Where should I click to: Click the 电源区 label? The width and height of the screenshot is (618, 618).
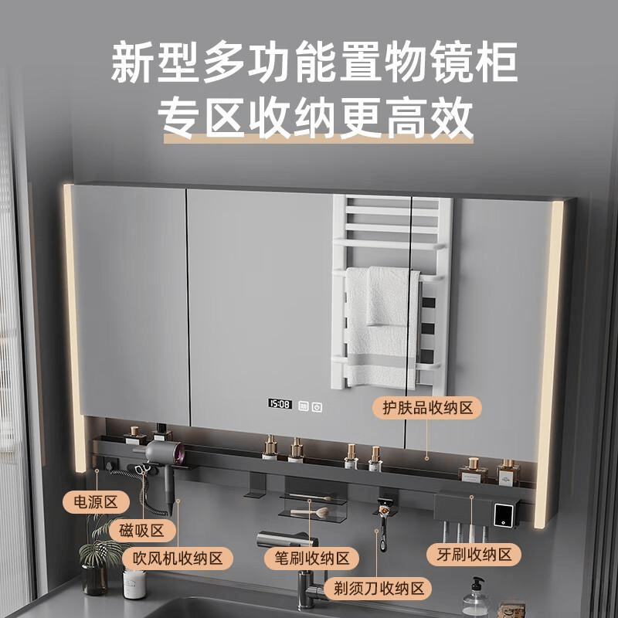coord(96,502)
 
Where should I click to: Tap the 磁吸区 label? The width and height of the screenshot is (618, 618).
coord(142,531)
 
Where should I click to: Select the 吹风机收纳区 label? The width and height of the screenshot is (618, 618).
coord(178,559)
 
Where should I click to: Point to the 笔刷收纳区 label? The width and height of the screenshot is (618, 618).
coord(312,559)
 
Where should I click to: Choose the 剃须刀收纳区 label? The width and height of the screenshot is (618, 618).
coord(378,589)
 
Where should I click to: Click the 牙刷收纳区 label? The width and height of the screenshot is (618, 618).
coord(474,555)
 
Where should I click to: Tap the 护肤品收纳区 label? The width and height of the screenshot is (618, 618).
coord(427,408)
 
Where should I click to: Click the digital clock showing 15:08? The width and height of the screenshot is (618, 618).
coord(280,404)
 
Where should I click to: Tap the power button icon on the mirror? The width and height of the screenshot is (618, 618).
coord(317,407)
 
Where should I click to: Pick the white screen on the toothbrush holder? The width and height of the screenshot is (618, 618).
coord(504,515)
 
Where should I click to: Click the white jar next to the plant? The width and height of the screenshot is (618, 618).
coord(134,584)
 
